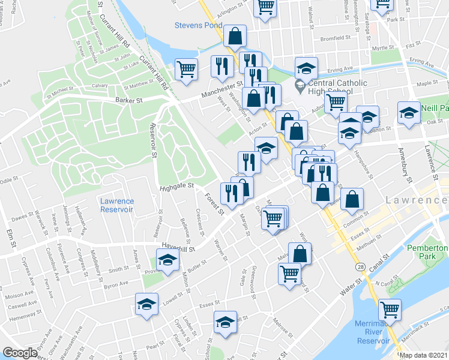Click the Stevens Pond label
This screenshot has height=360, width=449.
198,25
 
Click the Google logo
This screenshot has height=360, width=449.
20,353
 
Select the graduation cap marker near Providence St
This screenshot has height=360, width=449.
168,259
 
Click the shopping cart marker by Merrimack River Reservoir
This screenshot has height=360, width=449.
390,309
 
